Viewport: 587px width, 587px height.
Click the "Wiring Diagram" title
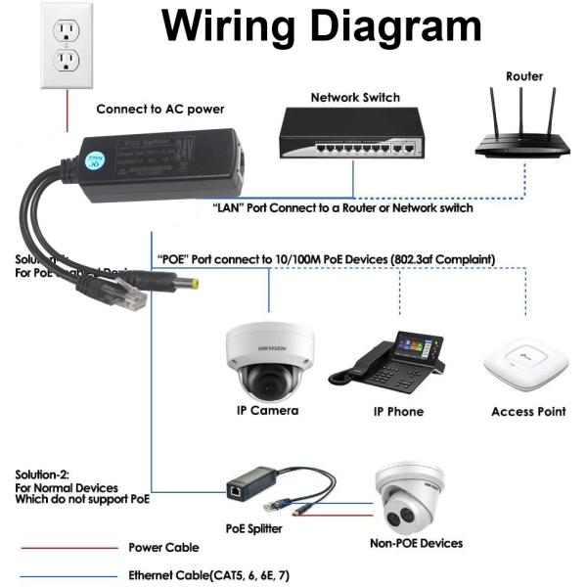coord(322,27)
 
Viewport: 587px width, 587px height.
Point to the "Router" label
coord(524,75)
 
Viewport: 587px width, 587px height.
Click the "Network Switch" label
coord(355,98)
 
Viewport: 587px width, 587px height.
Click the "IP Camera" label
coord(267,411)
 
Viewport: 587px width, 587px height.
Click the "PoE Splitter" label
coord(254,528)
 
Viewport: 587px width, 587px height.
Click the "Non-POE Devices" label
coord(416,543)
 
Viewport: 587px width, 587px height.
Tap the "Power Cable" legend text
coord(163,548)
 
